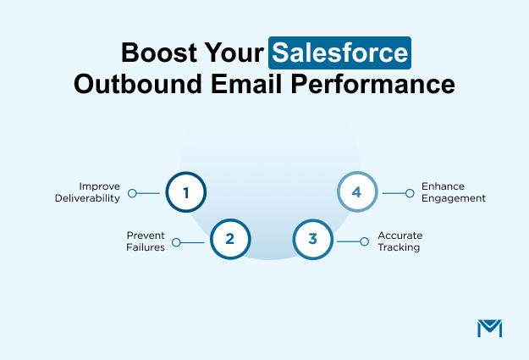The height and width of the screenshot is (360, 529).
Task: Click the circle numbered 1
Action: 185,192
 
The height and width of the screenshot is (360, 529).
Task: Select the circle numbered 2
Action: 229,240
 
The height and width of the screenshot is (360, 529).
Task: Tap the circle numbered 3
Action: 312,240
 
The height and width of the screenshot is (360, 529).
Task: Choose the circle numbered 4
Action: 356,192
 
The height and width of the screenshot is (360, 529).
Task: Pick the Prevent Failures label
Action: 146,241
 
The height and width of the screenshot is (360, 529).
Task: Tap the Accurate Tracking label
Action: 400,241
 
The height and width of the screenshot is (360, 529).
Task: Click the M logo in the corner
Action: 490,328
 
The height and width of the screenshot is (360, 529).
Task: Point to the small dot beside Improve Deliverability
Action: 132,193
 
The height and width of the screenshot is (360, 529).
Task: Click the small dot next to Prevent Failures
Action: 176,241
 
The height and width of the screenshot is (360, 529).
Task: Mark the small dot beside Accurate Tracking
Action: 366,241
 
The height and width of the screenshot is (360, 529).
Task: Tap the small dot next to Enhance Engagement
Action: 411,193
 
